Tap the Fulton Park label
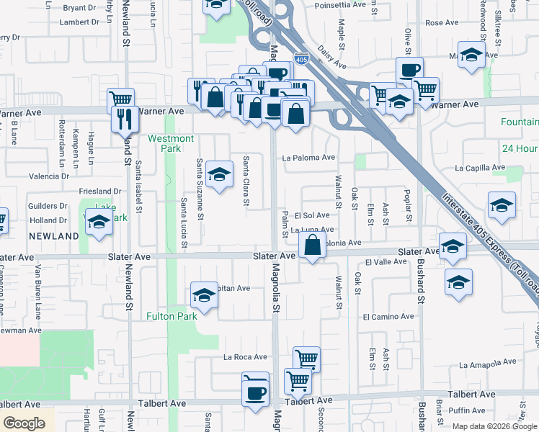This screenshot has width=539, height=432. (x=171, y=316)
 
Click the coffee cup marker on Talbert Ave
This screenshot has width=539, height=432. (x=255, y=393)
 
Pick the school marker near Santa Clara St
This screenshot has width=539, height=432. (x=219, y=174)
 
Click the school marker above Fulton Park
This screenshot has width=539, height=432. (x=204, y=295)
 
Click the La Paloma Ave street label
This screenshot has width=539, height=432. (x=308, y=158)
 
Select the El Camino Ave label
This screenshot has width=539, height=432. (x=388, y=316)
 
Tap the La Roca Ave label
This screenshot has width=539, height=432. (x=245, y=356)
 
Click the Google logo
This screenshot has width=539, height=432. (x=24, y=423)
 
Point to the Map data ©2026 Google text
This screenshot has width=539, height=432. (x=494, y=426)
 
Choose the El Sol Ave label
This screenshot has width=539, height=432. (x=311, y=215)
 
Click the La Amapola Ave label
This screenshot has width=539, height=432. (x=488, y=362)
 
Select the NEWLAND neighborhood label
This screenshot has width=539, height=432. (x=53, y=236)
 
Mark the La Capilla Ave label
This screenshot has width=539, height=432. (x=480, y=168)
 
